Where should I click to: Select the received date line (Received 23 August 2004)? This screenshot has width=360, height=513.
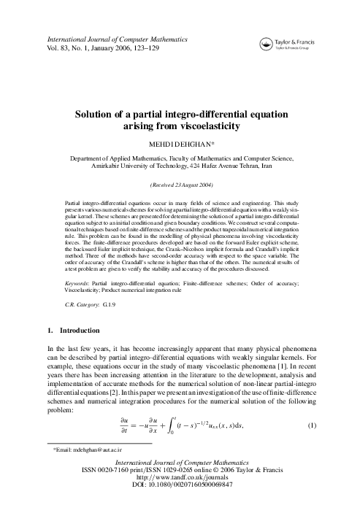180,185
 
